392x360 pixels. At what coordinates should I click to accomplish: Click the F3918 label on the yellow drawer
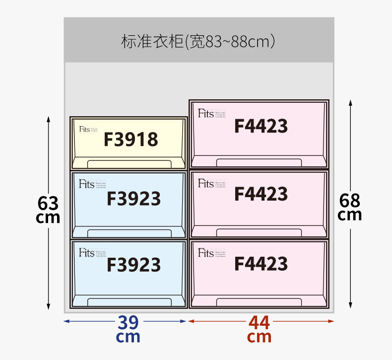click(131, 140)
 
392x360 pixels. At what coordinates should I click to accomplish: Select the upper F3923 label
click(133, 199)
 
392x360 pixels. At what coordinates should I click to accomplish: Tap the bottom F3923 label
click(133, 265)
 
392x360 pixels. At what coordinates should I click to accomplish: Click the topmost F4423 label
click(261, 126)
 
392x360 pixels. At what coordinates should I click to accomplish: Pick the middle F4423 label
click(261, 194)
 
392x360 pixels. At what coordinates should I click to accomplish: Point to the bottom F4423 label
click(261, 263)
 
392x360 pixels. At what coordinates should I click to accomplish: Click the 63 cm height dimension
click(48, 210)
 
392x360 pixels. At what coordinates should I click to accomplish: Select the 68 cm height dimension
click(350, 207)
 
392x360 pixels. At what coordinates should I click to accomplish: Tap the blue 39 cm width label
click(128, 329)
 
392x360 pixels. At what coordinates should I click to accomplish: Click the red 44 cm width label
click(260, 329)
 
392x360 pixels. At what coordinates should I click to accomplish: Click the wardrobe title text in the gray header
click(198, 41)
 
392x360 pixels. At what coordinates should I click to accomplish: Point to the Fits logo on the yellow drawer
click(84, 130)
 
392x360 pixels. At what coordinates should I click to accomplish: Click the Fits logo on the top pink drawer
click(205, 114)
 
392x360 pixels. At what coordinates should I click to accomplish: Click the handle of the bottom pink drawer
click(259, 302)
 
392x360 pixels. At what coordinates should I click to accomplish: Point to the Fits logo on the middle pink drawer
click(205, 184)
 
